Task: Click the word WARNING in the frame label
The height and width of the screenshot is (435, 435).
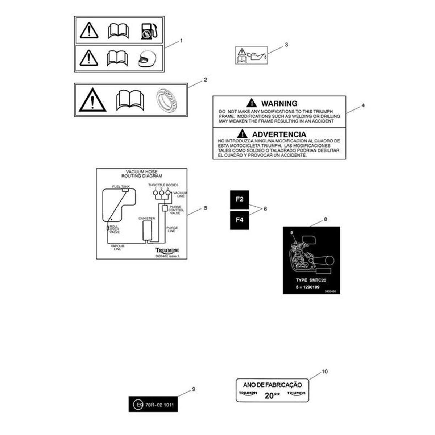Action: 279,103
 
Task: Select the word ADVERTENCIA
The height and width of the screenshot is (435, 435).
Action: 279,134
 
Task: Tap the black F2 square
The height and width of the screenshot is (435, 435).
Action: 239,200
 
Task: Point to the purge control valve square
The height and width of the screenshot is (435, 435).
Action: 164,208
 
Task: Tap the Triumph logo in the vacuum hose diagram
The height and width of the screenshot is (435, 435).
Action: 167,250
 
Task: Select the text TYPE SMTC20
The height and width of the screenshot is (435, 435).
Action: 312,280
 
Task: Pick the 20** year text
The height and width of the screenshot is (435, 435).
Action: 272,395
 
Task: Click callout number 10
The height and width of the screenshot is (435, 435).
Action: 324,372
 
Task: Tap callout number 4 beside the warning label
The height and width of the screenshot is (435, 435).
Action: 363,105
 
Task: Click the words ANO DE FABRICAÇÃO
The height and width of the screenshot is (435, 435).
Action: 272,385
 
